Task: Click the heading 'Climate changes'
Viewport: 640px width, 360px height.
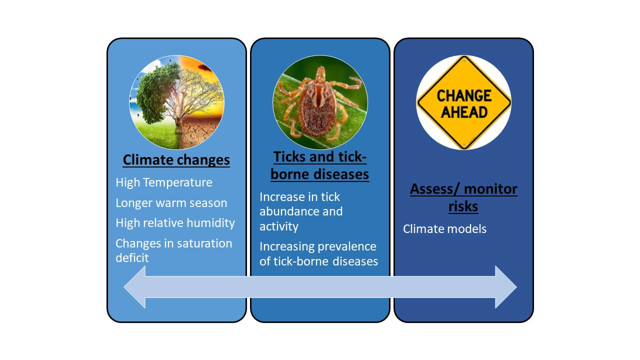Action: click(x=176, y=159)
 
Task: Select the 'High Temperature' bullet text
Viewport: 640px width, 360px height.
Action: click(x=164, y=182)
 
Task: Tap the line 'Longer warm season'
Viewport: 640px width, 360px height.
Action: click(x=171, y=203)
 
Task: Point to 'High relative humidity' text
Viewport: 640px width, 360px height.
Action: click(x=175, y=223)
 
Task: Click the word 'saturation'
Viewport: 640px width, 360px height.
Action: click(x=203, y=243)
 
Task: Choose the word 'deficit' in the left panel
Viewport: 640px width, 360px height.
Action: click(x=132, y=257)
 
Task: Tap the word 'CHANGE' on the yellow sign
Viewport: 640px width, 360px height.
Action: click(x=464, y=95)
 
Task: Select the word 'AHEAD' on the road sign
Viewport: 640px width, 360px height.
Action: click(x=464, y=112)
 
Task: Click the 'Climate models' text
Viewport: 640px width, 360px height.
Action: click(x=444, y=229)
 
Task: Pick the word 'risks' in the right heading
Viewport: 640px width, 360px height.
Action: click(x=463, y=206)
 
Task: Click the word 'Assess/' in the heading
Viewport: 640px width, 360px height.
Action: click(x=435, y=189)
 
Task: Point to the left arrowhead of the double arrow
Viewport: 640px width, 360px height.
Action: click(x=135, y=287)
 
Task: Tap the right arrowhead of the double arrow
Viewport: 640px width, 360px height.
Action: click(x=505, y=287)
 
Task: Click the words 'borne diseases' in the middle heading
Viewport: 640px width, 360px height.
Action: click(x=319, y=174)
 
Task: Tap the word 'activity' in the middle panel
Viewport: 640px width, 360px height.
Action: click(x=279, y=226)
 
